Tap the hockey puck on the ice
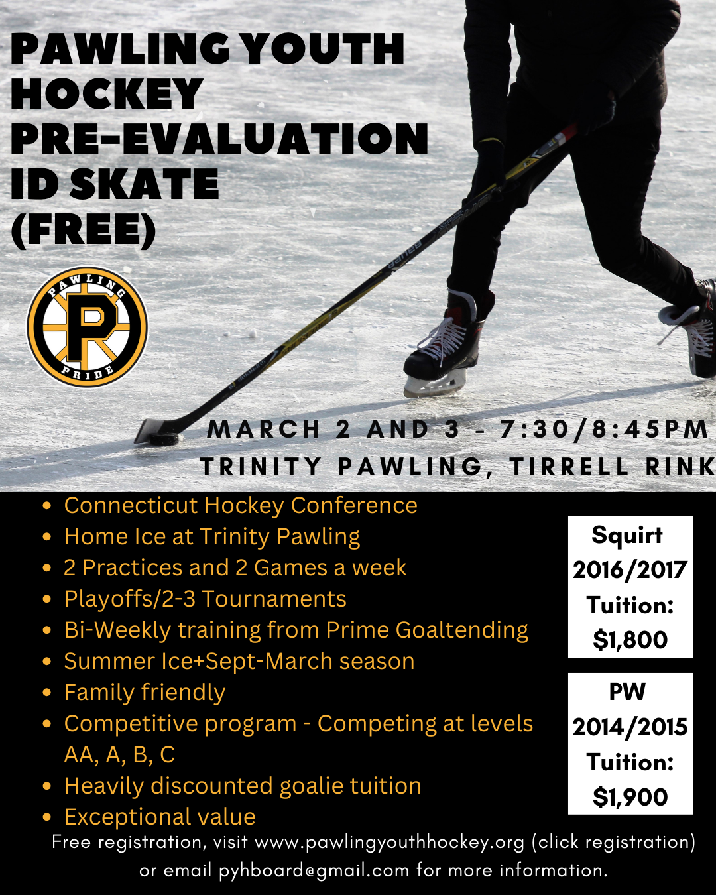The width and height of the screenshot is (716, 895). pyautogui.click(x=164, y=438)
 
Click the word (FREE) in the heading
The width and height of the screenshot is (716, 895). pyautogui.click(x=84, y=231)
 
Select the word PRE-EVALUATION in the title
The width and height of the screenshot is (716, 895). pyautogui.click(x=219, y=139)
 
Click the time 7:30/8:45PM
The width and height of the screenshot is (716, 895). pyautogui.click(x=604, y=429)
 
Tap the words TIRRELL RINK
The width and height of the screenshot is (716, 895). pyautogui.click(x=613, y=466)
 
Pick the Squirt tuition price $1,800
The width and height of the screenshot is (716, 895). pyautogui.click(x=630, y=639)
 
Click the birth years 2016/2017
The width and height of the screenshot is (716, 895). pyautogui.click(x=630, y=569)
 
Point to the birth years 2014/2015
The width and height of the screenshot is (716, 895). pyautogui.click(x=630, y=727)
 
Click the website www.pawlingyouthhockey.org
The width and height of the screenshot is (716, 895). pyautogui.click(x=389, y=843)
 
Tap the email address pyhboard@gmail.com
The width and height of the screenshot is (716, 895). pyautogui.click(x=314, y=870)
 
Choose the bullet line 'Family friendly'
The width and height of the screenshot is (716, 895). pyautogui.click(x=145, y=692)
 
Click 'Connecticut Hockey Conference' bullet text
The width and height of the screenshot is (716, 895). pyautogui.click(x=241, y=505)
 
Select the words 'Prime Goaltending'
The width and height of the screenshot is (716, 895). pyautogui.click(x=427, y=630)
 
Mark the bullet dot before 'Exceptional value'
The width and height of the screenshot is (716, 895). pyautogui.click(x=47, y=817)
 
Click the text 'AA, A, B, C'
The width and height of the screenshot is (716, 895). pyautogui.click(x=119, y=755)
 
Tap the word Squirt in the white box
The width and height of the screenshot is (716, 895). pyautogui.click(x=627, y=535)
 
